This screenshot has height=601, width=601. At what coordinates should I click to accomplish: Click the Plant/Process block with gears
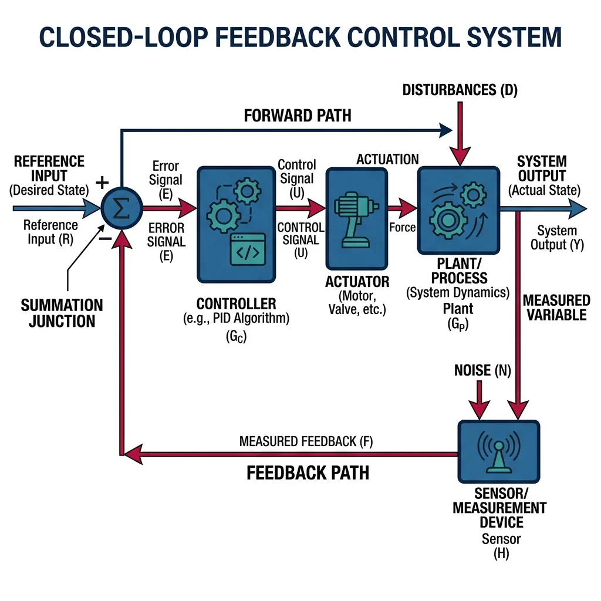(x=458, y=208)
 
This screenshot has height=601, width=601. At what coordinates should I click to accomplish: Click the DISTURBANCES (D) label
(x=460, y=90)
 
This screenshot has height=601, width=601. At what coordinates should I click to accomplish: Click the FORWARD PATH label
(x=298, y=115)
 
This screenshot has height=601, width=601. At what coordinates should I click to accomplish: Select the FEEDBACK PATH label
(x=308, y=473)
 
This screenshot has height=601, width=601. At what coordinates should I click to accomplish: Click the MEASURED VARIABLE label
(x=555, y=307)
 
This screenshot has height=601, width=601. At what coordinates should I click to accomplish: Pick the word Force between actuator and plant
(x=403, y=227)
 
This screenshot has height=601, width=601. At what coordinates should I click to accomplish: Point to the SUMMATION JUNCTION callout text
(x=62, y=313)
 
